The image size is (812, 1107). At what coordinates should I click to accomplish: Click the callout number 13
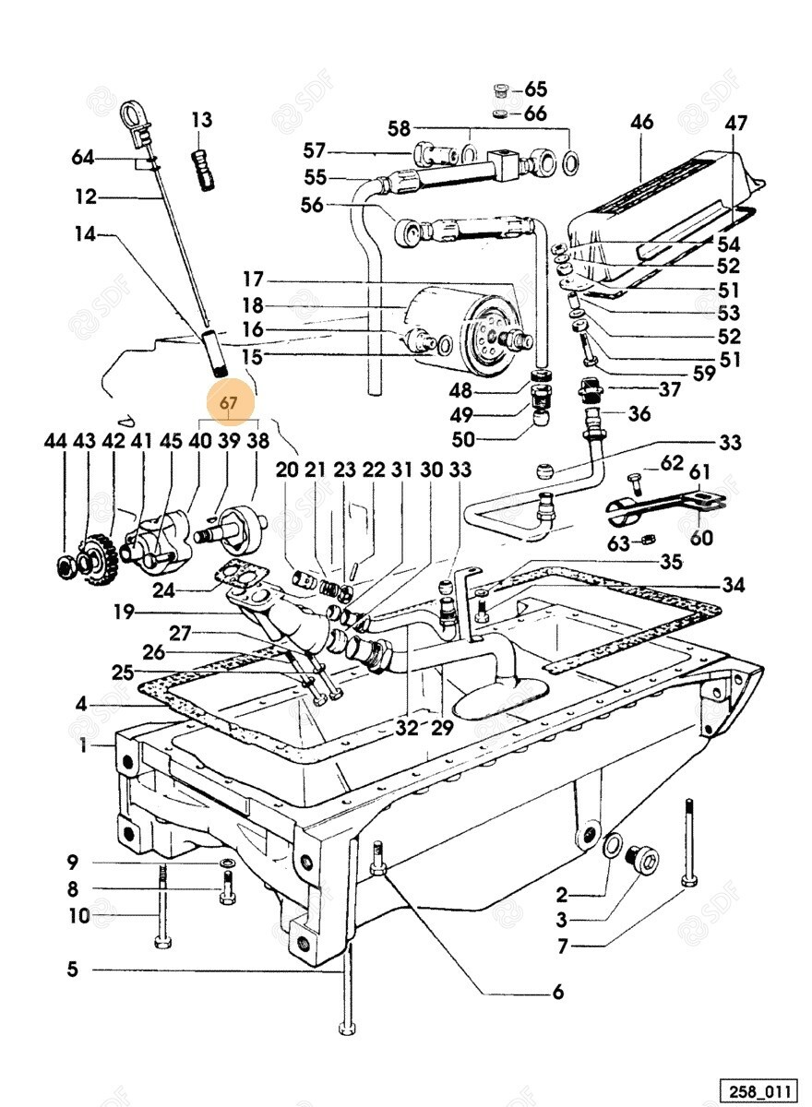click(202, 119)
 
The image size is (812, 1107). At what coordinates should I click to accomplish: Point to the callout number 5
click(72, 969)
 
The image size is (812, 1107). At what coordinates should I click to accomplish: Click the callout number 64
click(83, 158)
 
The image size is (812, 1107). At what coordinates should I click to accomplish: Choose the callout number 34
click(734, 584)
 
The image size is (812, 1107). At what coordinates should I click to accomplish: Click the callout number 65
click(536, 89)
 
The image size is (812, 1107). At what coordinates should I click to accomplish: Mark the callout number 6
click(557, 993)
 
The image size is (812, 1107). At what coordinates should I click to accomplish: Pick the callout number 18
click(253, 305)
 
